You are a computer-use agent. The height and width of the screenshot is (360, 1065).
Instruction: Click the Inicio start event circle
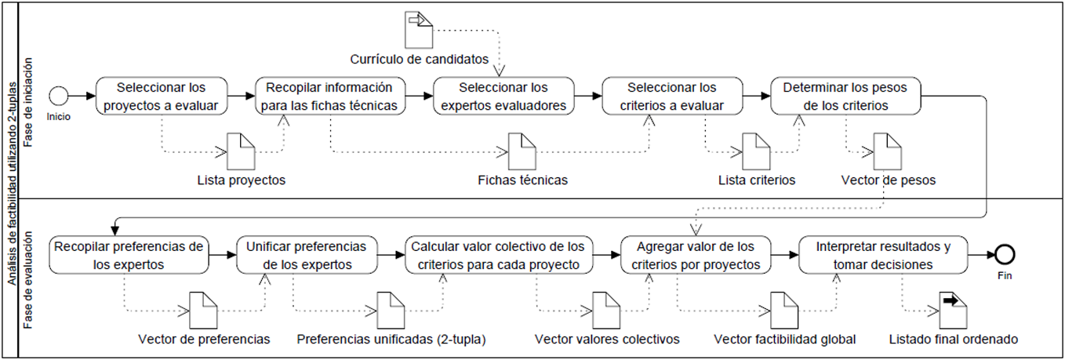click(x=58, y=96)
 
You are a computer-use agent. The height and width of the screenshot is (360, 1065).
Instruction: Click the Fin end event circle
click(x=1005, y=254)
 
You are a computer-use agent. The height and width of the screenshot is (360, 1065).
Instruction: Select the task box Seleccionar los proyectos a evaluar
click(x=162, y=96)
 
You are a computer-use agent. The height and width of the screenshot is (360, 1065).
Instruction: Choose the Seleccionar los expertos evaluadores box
click(x=502, y=96)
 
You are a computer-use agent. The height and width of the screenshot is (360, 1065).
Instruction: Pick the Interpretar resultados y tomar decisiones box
click(x=883, y=254)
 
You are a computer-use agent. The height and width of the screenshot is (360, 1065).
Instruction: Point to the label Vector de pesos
click(x=888, y=180)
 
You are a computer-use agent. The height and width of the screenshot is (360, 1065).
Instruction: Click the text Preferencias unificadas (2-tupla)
click(x=391, y=340)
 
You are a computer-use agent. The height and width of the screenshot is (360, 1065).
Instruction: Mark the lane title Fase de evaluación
click(x=28, y=279)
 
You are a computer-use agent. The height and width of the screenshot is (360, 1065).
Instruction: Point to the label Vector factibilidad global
click(x=785, y=340)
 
